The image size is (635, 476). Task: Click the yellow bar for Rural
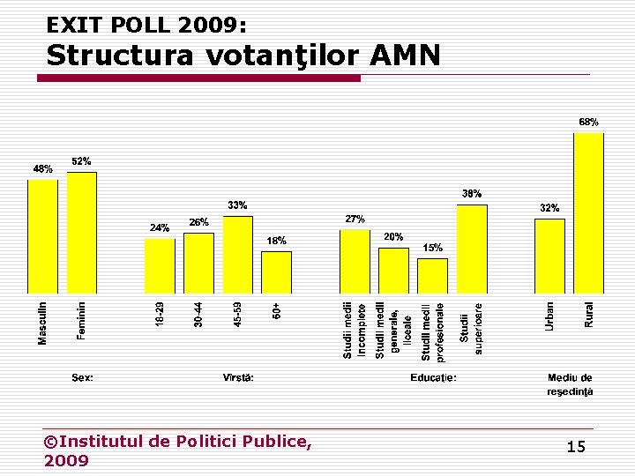(588, 212)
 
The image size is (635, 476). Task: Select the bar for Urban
(549, 256)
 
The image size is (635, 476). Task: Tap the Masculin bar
(42, 235)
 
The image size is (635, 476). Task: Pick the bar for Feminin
(81, 232)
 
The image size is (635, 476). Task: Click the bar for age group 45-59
(237, 254)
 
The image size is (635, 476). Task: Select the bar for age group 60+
(276, 271)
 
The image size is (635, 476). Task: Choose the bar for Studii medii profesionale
(432, 275)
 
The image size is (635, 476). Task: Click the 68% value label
(588, 122)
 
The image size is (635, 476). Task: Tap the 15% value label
(432, 248)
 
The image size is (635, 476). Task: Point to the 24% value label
(159, 227)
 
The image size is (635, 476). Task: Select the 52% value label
(81, 161)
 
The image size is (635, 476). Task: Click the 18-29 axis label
(160, 313)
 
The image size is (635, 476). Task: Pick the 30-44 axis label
(198, 313)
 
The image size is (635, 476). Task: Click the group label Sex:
(82, 377)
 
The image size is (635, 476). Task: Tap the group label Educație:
(433, 377)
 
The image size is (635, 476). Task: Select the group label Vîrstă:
(238, 377)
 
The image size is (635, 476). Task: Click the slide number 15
(575, 448)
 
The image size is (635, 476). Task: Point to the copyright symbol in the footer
(50, 441)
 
